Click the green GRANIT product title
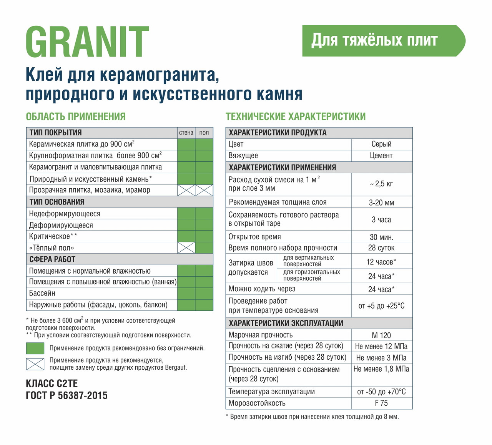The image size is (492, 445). pyautogui.click(x=87, y=42)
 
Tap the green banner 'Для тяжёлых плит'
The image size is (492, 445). pyautogui.click(x=375, y=40)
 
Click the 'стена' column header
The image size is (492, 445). pyautogui.click(x=186, y=133)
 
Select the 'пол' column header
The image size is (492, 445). pyautogui.click(x=204, y=133)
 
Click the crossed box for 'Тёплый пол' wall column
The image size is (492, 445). pyautogui.click(x=186, y=248)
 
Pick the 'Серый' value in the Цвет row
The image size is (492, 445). pyautogui.click(x=381, y=144)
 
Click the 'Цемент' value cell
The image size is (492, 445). pyautogui.click(x=381, y=156)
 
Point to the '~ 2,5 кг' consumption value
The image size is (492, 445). pyautogui.click(x=381, y=184)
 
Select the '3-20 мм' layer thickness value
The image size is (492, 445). pyautogui.click(x=381, y=203)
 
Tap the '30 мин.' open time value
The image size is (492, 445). pyautogui.click(x=381, y=237)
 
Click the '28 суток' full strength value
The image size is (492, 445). pyautogui.click(x=381, y=248)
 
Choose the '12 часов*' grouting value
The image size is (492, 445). pyautogui.click(x=381, y=262)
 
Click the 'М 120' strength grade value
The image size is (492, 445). pyautogui.click(x=381, y=335)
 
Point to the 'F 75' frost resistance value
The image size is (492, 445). pyautogui.click(x=381, y=403)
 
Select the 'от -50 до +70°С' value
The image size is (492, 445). pyautogui.click(x=381, y=392)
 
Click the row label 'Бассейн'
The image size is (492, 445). pyautogui.click(x=42, y=294)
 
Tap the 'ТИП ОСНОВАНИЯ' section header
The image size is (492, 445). pyautogui.click(x=57, y=202)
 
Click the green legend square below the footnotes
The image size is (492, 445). pyautogui.click(x=35, y=348)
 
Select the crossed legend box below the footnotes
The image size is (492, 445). pyautogui.click(x=35, y=364)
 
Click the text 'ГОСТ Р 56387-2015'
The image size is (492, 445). pyautogui.click(x=66, y=395)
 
